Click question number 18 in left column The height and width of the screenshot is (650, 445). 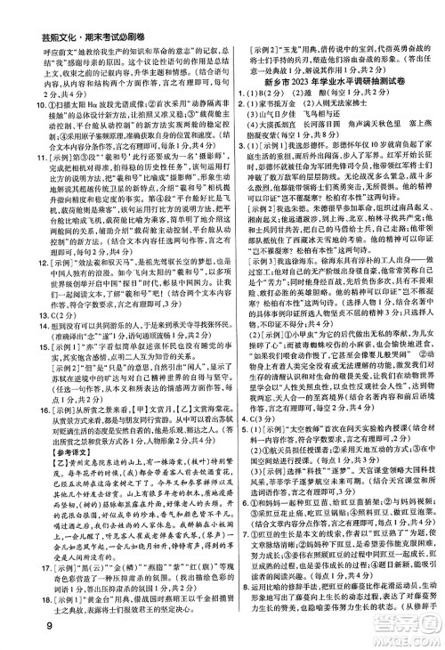tap(14, 605)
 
